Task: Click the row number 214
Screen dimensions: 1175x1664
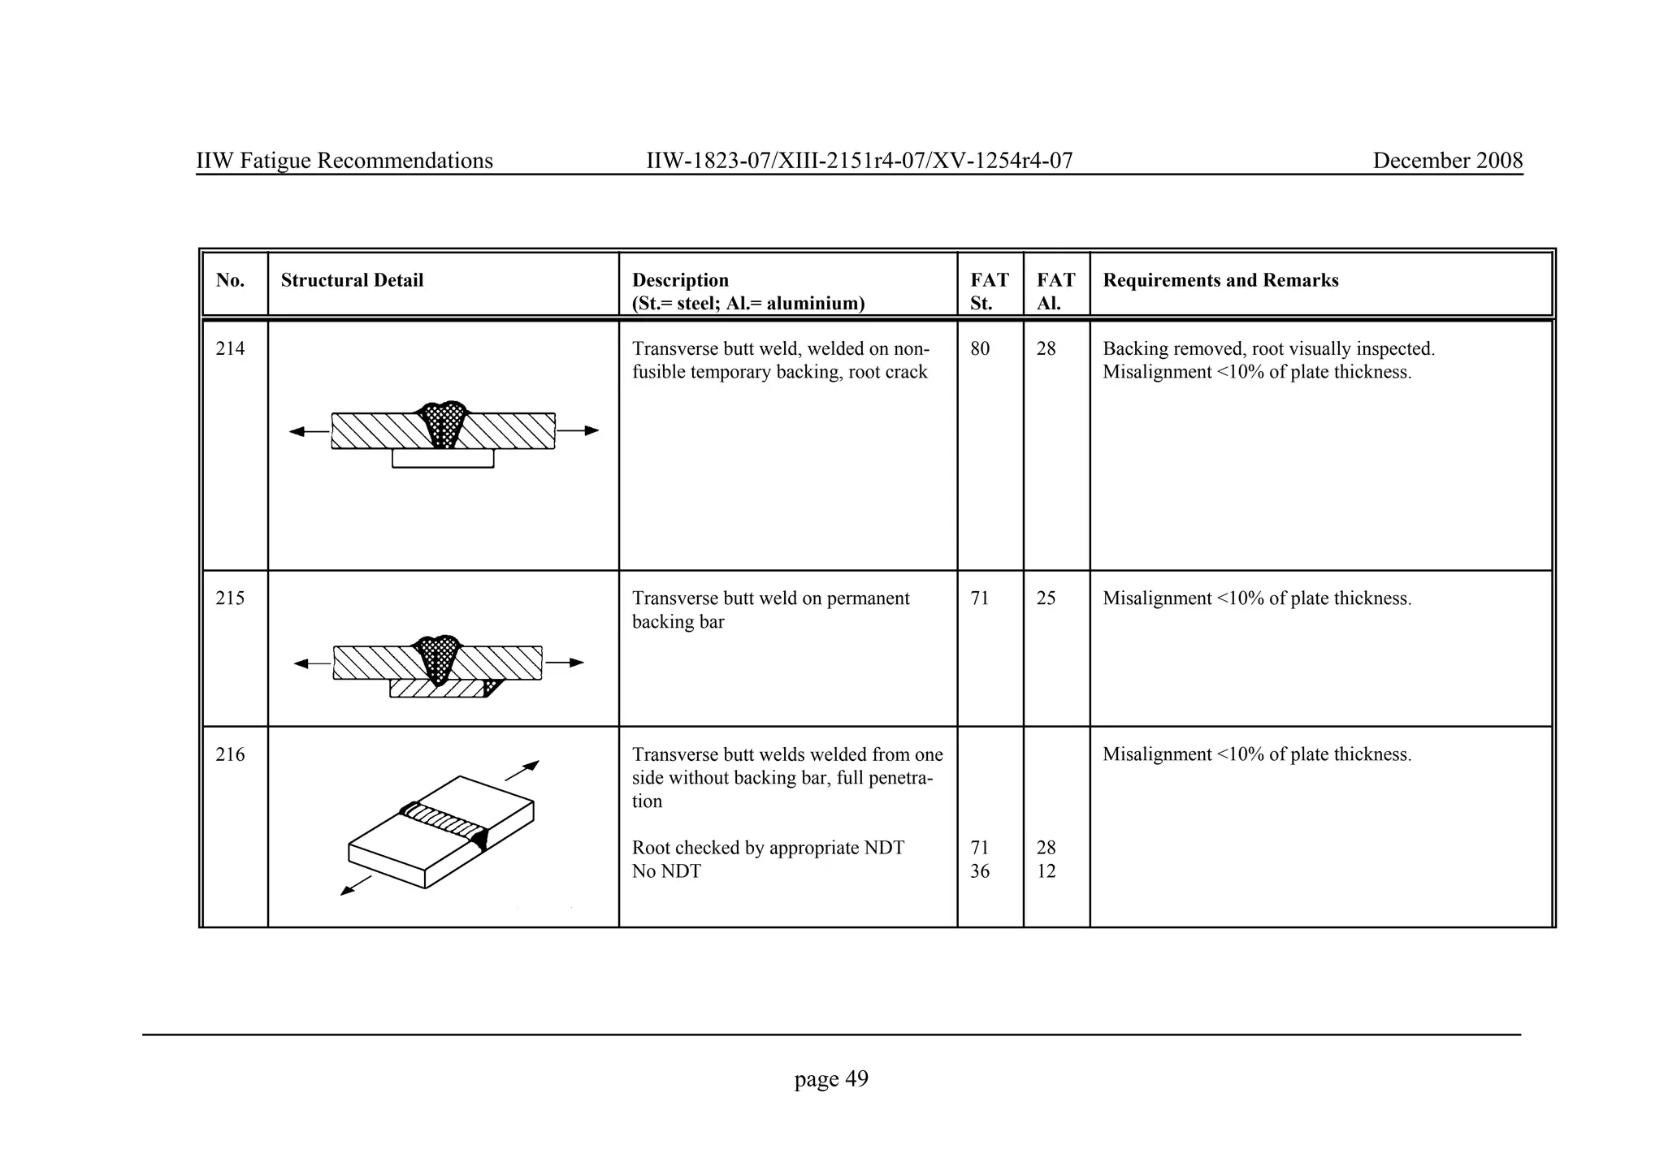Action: coord(230,349)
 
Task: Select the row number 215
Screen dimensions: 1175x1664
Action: coord(230,598)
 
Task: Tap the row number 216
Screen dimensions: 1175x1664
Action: coord(230,754)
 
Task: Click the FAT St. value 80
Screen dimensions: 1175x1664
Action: coord(980,349)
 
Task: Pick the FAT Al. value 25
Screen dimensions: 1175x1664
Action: coord(1046,598)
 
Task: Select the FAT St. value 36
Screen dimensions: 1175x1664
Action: coord(980,871)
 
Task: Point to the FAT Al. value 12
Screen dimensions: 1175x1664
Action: coord(1046,871)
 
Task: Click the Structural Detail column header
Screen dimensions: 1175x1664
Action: coord(352,280)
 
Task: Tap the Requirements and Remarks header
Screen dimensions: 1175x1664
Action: coord(1220,280)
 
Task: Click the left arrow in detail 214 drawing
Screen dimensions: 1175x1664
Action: coord(309,431)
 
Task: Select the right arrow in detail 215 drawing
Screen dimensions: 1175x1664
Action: coord(565,663)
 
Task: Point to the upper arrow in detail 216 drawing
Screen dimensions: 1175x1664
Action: coord(522,771)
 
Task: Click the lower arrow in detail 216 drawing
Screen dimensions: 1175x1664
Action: coord(355,886)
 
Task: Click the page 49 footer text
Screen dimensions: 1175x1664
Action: coord(831,1079)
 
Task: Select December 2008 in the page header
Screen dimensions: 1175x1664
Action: coord(1447,161)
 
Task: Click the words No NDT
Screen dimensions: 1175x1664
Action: coord(666,871)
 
